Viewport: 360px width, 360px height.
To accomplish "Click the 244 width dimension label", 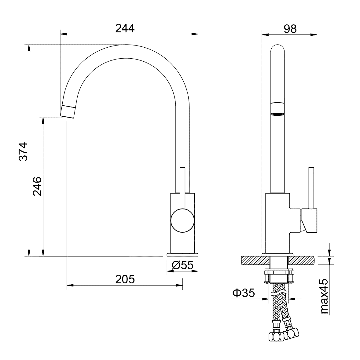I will (x=125, y=28).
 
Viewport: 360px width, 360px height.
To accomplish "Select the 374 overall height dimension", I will (x=23, y=151).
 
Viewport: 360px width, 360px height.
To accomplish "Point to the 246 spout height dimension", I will (x=37, y=186).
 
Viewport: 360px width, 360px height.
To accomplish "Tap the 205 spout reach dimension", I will (x=125, y=279).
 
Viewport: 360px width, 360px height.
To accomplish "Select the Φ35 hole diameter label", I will (x=243, y=293).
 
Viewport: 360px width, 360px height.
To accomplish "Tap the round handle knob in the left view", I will (x=182, y=220).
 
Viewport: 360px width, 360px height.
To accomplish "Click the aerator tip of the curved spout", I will (x=68, y=111).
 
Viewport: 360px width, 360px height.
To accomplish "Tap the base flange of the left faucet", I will (x=182, y=254).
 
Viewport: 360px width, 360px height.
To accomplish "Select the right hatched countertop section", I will (x=301, y=260).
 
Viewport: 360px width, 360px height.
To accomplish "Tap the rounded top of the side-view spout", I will (x=277, y=50).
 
